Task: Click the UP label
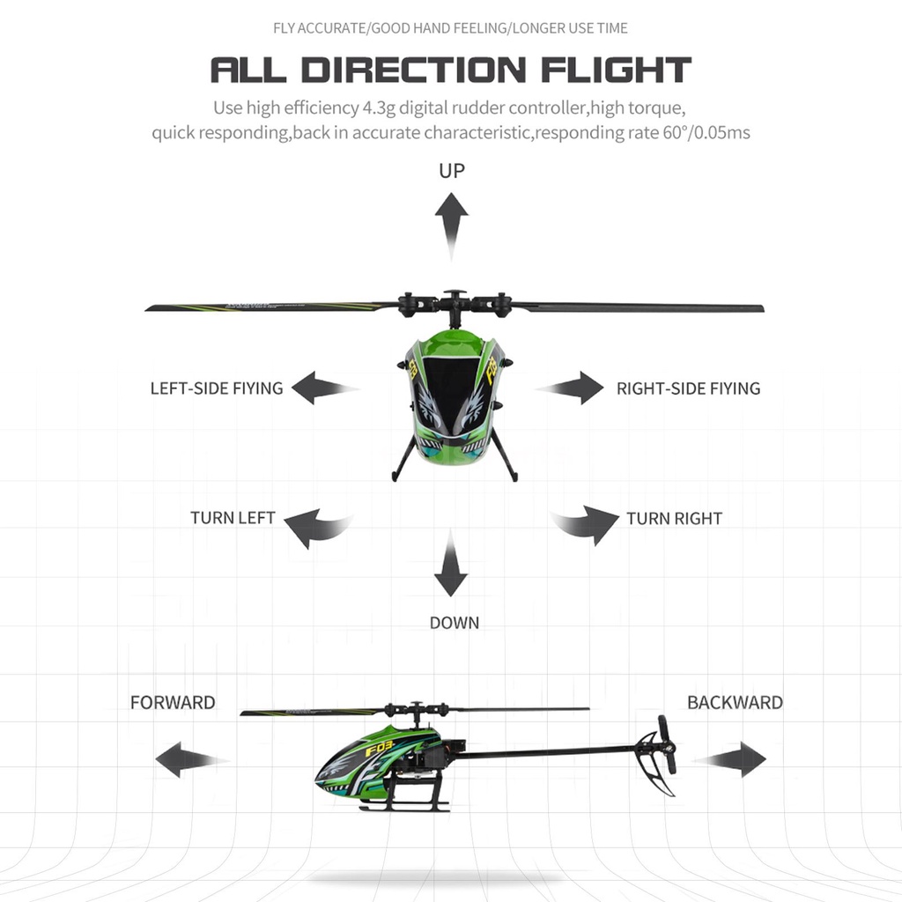click(x=451, y=170)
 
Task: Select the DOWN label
click(x=455, y=623)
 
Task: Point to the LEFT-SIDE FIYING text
click(x=217, y=388)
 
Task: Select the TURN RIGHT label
click(x=674, y=518)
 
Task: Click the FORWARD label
click(x=173, y=702)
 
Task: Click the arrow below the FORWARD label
click(x=188, y=758)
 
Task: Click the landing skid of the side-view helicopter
click(x=406, y=806)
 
